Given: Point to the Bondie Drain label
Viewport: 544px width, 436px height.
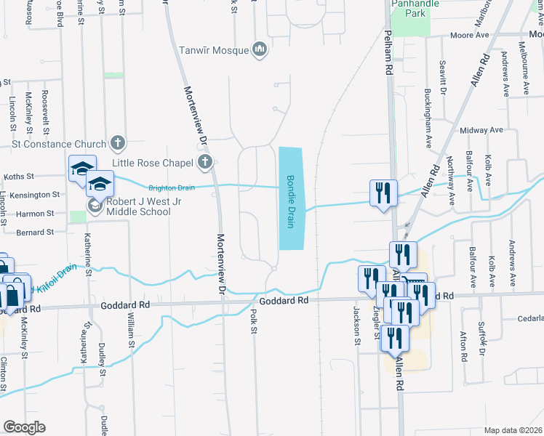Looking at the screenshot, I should [289, 201].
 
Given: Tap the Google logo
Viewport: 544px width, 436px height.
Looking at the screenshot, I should [24, 427].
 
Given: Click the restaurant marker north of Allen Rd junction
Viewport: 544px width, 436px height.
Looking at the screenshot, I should [383, 193].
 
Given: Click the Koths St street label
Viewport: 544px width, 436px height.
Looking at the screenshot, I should [20, 176].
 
